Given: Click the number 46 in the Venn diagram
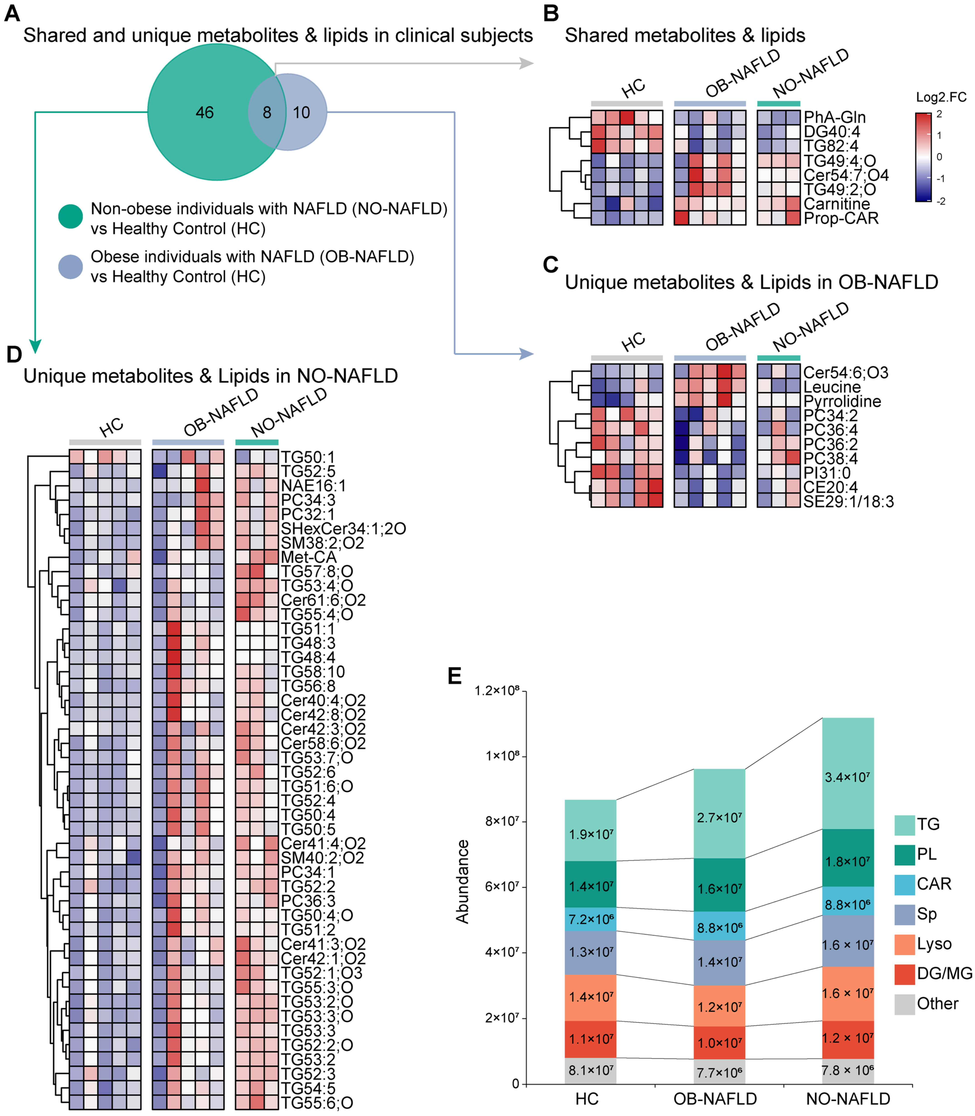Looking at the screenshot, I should (205, 113).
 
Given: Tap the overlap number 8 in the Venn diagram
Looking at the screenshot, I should (267, 113).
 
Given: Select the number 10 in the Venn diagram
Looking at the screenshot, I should (301, 113).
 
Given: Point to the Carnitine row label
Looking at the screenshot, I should (836, 204).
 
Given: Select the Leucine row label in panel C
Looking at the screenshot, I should (832, 387).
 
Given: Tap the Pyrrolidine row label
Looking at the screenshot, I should (842, 401).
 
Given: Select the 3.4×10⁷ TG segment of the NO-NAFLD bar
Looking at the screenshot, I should (848, 777).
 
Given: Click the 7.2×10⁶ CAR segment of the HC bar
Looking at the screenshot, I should (591, 919).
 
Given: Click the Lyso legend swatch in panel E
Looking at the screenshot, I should (904, 945).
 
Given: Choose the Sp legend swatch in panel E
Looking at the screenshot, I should (904, 915).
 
